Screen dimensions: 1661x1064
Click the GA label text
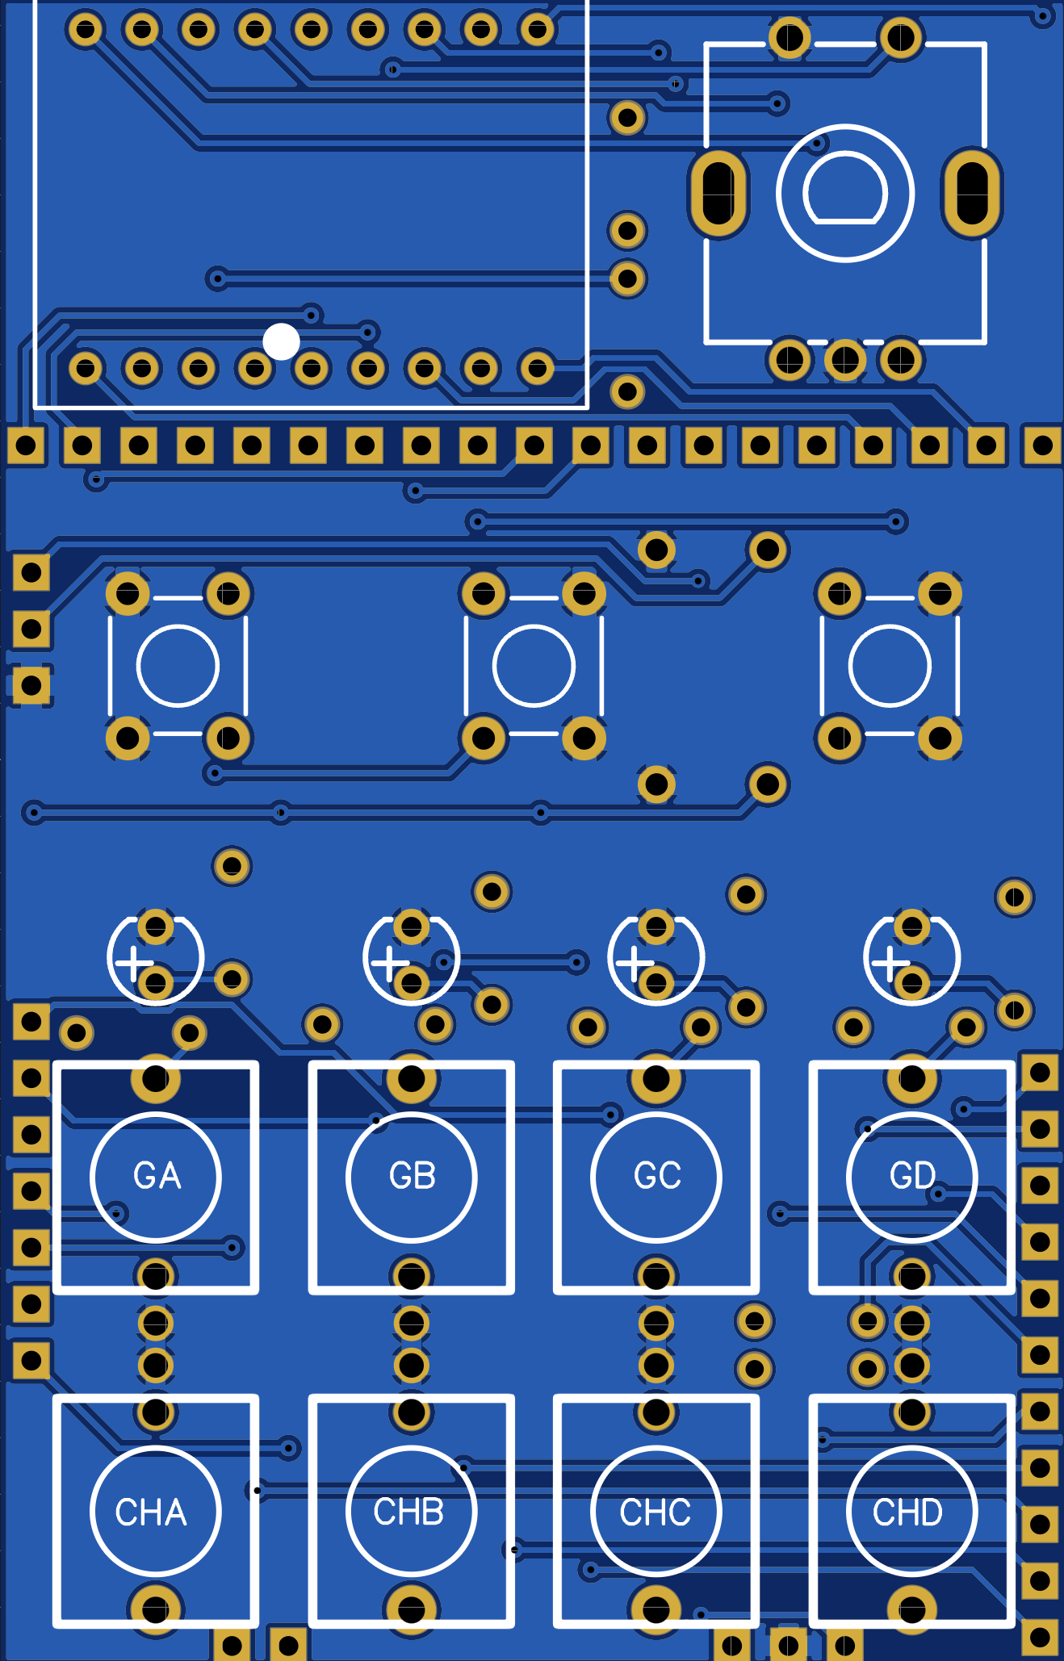point(157,1176)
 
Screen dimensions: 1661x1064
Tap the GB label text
point(412,1176)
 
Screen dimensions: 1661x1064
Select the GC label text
point(657,1176)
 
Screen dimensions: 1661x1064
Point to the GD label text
point(912,1176)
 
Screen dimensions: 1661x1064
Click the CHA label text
point(151,1512)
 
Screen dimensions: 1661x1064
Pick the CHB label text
point(408,1512)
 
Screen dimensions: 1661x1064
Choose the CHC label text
point(655,1512)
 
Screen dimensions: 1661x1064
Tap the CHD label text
point(907,1512)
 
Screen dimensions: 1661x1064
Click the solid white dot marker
point(281,341)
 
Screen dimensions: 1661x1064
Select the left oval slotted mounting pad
point(718,194)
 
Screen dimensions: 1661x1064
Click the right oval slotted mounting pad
point(971,194)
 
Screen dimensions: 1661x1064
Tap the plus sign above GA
point(134,963)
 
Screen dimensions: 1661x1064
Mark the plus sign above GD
point(890,963)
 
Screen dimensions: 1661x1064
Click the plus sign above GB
point(390,963)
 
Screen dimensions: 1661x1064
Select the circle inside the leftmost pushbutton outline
point(178,666)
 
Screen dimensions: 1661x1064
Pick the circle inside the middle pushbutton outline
point(534,666)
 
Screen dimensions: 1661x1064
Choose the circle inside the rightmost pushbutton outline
point(890,666)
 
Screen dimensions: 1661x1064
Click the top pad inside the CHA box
point(155,1412)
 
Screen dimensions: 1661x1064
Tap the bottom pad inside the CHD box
point(912,1609)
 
